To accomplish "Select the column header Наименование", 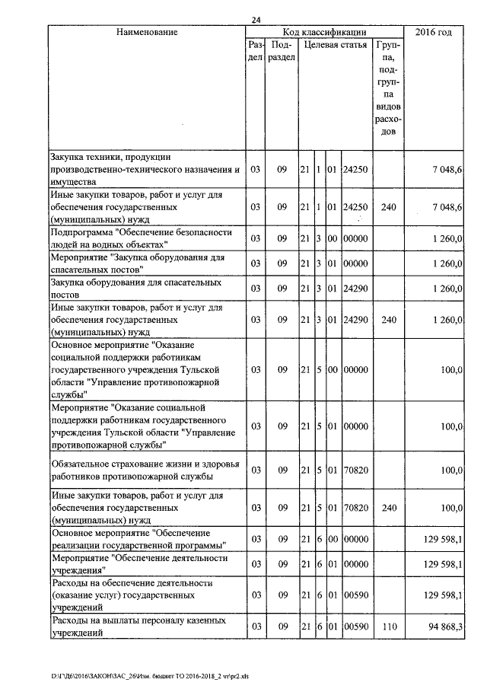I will [x=147, y=32].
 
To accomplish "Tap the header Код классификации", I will [x=324, y=32].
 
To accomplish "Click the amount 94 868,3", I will [x=442, y=626].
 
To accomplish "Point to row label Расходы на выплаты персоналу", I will [x=138, y=626].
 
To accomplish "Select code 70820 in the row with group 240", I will [x=355, y=507].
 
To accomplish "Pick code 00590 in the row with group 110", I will [x=355, y=626].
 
